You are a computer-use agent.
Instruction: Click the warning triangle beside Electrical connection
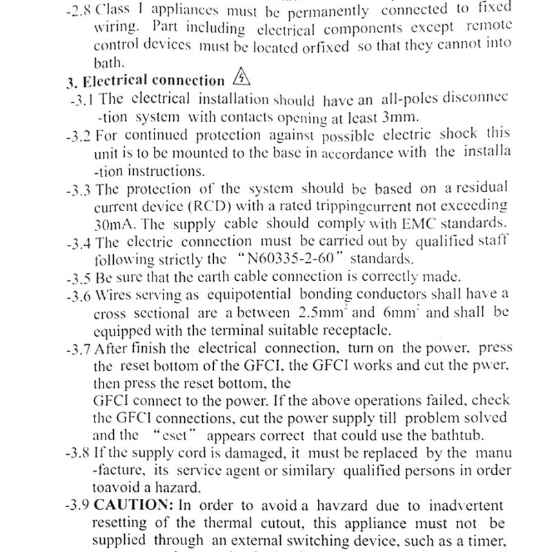[x=241, y=77]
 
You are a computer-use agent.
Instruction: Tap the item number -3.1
[x=83, y=99]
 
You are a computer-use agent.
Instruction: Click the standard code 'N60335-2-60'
[x=312, y=260]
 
